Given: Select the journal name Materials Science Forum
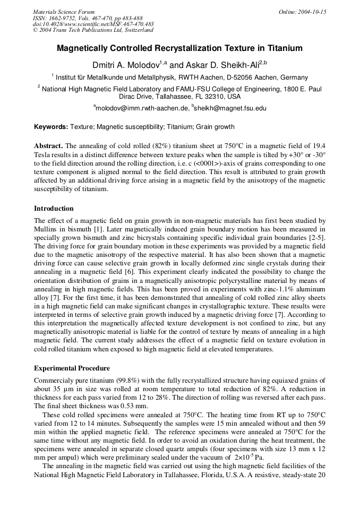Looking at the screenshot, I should coord(64,12).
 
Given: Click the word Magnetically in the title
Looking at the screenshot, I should coord(88,48).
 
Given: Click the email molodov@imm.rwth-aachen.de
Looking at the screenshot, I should coord(142,108).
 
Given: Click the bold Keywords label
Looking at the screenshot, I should coord(51,127).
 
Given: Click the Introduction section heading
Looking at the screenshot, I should coord(54,209).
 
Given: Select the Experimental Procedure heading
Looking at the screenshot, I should coord(72,368).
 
